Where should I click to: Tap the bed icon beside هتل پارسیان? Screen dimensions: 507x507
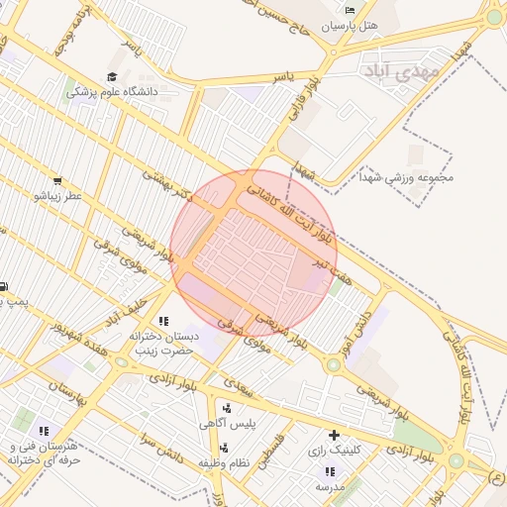[x=349, y=10]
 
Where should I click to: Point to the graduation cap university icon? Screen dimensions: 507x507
[x=112, y=76]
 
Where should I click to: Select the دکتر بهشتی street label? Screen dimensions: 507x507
[x=167, y=184]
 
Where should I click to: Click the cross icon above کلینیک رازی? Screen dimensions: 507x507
[x=334, y=435]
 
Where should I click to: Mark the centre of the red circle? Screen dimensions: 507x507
[x=253, y=252]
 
